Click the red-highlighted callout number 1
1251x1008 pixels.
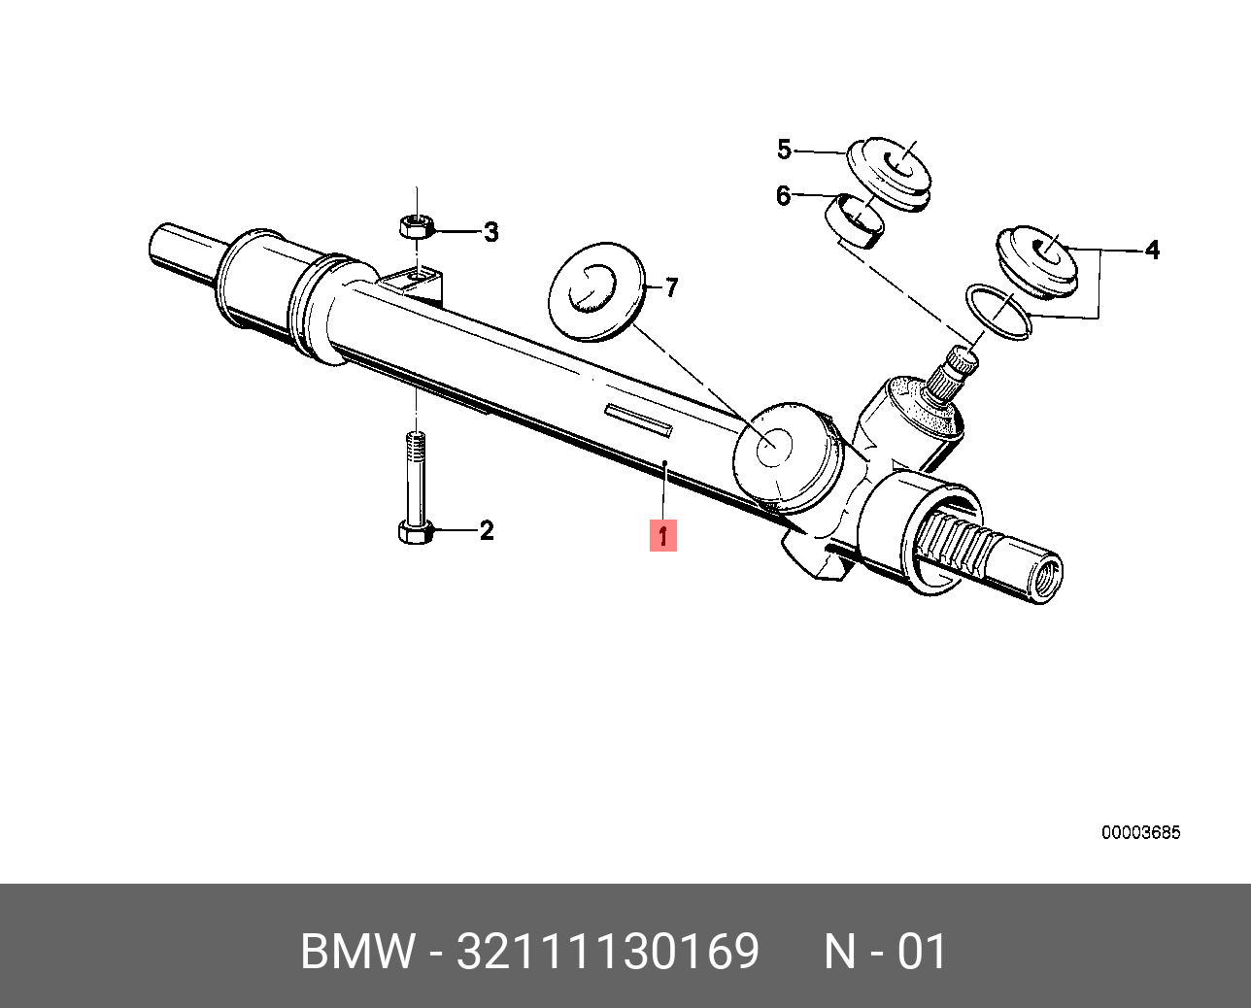662,535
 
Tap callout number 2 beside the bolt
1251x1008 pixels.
487,530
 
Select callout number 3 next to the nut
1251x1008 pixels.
491,232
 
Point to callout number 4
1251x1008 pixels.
1152,250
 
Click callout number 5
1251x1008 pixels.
784,150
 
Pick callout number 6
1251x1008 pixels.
783,196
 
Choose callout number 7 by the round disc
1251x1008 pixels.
670,287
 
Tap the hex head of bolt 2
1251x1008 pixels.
414,531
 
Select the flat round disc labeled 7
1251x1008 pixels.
595,291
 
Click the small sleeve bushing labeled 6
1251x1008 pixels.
855,220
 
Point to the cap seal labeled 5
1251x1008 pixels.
889,172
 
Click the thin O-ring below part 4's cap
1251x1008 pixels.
997,311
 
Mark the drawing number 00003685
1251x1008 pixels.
1140,833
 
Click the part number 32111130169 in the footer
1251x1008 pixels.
608,952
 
